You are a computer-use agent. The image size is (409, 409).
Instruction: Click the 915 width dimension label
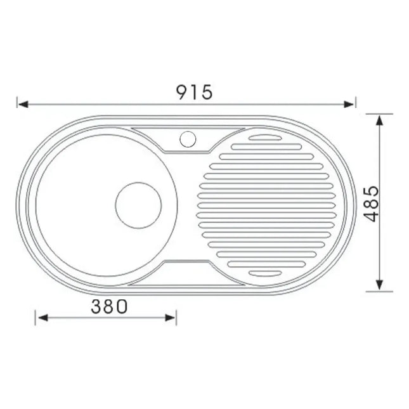coord(194,92)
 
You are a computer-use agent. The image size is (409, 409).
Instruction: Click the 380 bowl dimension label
coord(110,307)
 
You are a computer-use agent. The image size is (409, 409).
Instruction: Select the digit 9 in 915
coord(182,92)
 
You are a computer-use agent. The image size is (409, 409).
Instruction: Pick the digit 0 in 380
coord(122,307)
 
